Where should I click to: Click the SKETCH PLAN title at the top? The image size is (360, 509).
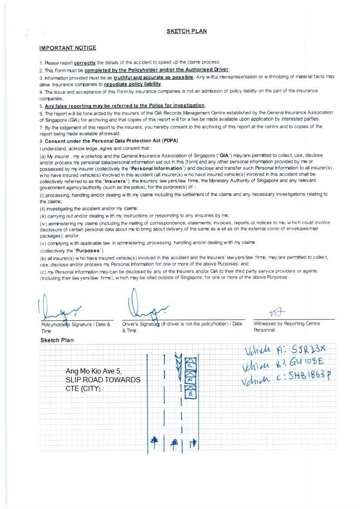pyautogui.click(x=186, y=31)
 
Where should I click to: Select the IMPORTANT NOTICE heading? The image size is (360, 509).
pyautogui.click(x=68, y=48)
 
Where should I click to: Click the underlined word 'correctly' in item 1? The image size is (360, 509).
pyautogui.click(x=85, y=63)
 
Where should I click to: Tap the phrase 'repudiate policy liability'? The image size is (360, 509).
pyautogui.click(x=133, y=84)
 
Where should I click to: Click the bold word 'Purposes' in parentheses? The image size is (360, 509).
pyautogui.click(x=89, y=250)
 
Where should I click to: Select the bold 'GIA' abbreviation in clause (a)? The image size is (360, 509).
pyautogui.click(x=225, y=155)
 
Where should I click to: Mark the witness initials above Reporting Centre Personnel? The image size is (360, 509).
pyautogui.click(x=277, y=312)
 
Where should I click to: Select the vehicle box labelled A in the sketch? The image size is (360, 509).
pyautogui.click(x=190, y=380)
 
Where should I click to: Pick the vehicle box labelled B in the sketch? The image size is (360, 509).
pyautogui.click(x=190, y=393)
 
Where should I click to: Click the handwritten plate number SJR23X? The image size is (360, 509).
pyautogui.click(x=308, y=349)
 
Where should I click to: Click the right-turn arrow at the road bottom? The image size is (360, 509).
pyautogui.click(x=193, y=444)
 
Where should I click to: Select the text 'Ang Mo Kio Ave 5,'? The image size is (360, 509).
pyautogui.click(x=94, y=371)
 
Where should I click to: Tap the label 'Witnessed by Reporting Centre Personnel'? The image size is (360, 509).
pyautogui.click(x=287, y=327)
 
